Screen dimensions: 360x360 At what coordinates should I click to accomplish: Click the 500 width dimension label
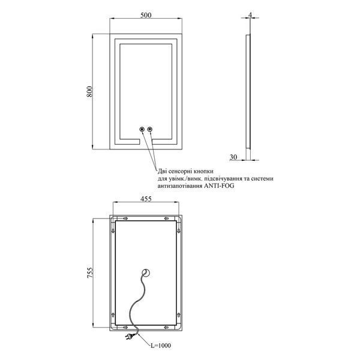(x=146, y=15)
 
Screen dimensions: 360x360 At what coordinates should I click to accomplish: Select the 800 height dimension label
(x=90, y=91)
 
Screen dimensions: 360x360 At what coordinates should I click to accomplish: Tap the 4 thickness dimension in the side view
(x=250, y=14)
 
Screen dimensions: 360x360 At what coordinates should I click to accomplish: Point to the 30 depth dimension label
(x=233, y=157)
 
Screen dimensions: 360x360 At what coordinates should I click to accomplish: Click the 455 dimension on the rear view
(x=146, y=199)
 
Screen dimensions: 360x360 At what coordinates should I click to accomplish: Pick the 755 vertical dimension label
(x=90, y=272)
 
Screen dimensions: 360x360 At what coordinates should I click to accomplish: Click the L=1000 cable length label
(x=161, y=346)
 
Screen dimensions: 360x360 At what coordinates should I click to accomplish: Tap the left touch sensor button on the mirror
(x=142, y=129)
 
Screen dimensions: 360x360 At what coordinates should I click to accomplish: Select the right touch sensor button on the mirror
(x=150, y=129)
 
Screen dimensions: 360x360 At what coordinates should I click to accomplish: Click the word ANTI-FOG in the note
(x=219, y=186)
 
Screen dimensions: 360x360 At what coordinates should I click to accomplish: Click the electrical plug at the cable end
(x=129, y=337)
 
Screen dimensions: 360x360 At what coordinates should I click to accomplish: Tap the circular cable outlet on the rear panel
(x=146, y=273)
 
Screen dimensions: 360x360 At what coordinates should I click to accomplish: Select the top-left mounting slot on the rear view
(x=125, y=218)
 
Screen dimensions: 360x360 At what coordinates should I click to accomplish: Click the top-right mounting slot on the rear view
(x=167, y=218)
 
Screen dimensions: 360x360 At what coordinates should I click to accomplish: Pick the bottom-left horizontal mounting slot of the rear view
(x=125, y=327)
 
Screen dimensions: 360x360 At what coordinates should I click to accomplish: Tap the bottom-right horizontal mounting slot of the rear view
(x=167, y=327)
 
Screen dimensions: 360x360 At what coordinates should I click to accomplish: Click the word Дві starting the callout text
(x=162, y=171)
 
